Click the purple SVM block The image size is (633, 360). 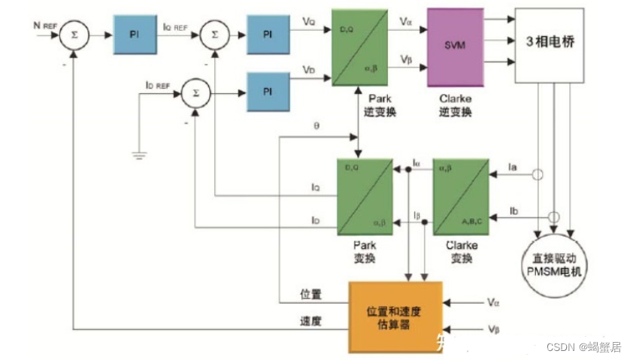[x=455, y=47]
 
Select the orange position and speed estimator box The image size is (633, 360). [x=395, y=316]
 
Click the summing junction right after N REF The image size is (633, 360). [x=72, y=34]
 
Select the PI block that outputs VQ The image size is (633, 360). [x=266, y=35]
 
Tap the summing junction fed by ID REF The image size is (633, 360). [x=195, y=94]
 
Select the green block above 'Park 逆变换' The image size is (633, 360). [x=359, y=47]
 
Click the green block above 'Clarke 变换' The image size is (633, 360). [x=461, y=197]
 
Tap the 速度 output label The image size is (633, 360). [x=310, y=320]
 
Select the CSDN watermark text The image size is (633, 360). [x=583, y=346]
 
